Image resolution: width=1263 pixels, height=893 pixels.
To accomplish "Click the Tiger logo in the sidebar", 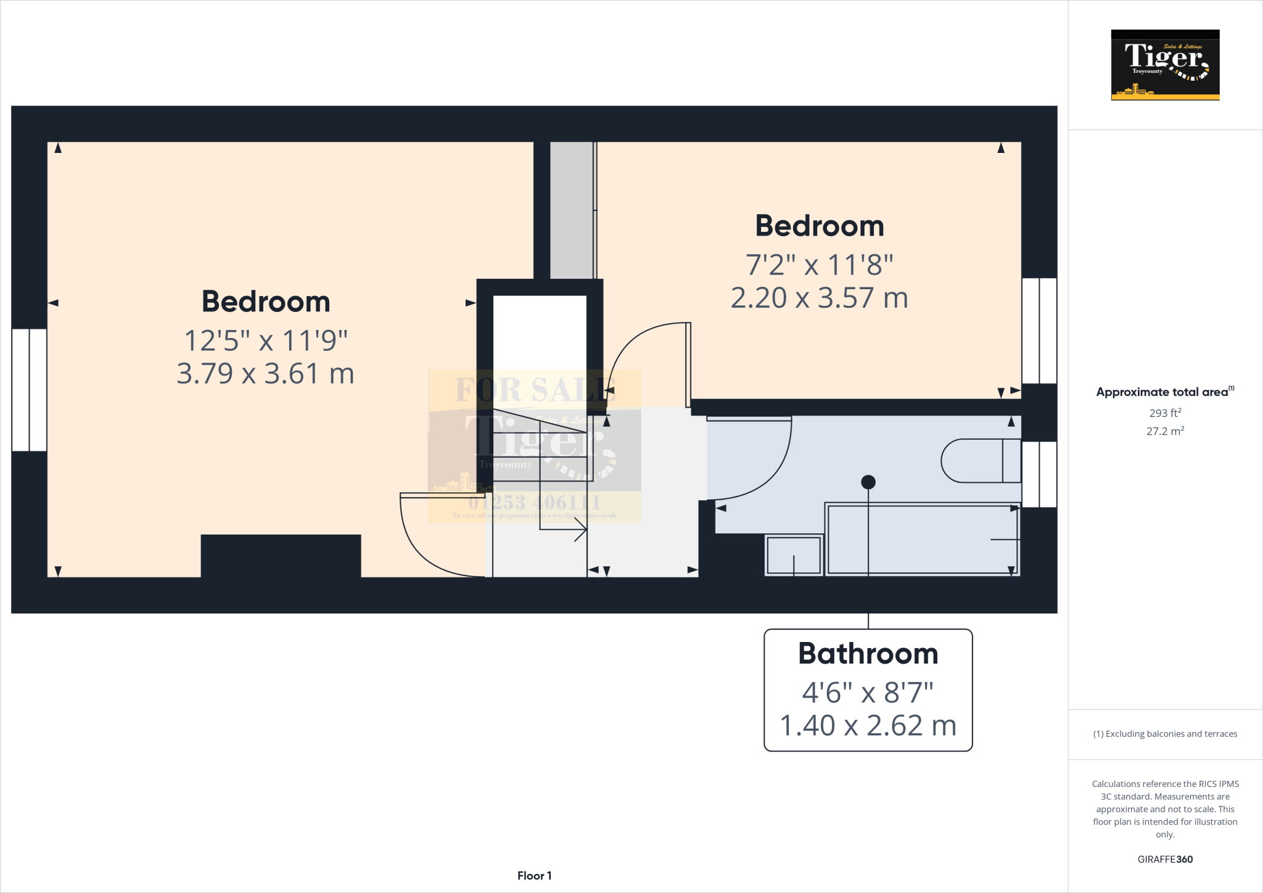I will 1165,65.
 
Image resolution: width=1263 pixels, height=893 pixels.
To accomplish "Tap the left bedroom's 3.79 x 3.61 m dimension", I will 265,374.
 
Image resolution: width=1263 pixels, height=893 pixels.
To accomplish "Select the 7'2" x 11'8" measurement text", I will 820,265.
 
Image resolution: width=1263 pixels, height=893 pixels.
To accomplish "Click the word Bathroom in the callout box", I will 868,654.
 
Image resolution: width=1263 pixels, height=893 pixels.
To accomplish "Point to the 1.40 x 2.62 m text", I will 868,726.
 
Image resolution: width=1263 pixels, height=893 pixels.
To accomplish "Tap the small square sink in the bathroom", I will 794,555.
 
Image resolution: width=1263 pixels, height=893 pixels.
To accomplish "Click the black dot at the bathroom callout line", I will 868,482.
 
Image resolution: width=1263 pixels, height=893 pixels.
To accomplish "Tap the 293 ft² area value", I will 1165,413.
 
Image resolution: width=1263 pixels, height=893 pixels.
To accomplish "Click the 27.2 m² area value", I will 1165,431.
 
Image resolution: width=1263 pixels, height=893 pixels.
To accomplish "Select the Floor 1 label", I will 534,876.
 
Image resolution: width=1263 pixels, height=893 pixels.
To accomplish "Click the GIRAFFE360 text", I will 1165,859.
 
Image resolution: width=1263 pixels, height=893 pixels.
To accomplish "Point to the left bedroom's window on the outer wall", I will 29,390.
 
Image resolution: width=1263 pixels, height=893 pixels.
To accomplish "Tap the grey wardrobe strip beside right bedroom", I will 572,210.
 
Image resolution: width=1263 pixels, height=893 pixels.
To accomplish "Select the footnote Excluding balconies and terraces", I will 1165,734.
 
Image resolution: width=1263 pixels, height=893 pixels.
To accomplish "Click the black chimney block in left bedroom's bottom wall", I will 281,555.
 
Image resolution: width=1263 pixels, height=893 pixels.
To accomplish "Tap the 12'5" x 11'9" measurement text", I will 265,340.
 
